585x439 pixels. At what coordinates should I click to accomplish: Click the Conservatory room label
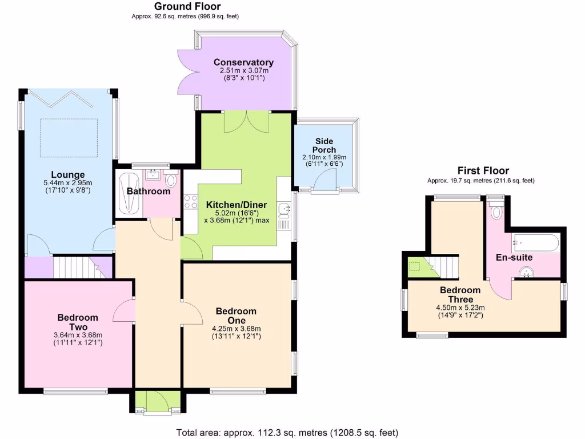pyautogui.click(x=243, y=62)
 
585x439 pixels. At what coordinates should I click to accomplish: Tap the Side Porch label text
pyautogui.click(x=324, y=145)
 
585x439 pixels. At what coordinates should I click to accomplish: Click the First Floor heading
pyautogui.click(x=483, y=170)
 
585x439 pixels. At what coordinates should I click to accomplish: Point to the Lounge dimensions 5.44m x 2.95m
pyautogui.click(x=68, y=182)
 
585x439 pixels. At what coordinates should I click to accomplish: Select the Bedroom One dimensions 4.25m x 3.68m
pyautogui.click(x=236, y=328)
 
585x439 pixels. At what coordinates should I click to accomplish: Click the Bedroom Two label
pyautogui.click(x=78, y=322)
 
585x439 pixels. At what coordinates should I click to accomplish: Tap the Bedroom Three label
pyautogui.click(x=460, y=295)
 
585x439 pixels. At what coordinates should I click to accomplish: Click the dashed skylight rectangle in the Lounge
pyautogui.click(x=69, y=138)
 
